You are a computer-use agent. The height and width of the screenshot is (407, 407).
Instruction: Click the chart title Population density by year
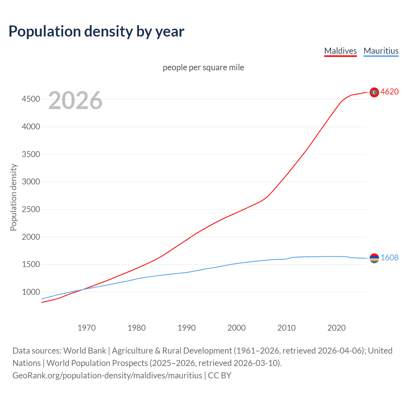point(96,31)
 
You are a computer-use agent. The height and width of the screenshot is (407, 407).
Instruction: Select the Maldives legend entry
point(340,51)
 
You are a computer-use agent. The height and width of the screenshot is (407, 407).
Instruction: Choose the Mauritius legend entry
point(381,51)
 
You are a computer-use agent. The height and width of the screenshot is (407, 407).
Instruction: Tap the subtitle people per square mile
point(203,67)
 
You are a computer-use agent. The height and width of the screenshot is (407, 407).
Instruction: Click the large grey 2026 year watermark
point(75,100)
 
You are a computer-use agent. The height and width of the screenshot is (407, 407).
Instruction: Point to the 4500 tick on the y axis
point(31,99)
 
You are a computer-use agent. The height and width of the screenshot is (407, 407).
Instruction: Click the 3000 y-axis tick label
point(31,182)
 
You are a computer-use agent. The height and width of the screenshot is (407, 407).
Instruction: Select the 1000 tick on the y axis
point(31,292)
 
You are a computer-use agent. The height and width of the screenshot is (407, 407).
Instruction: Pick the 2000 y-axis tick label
point(31,237)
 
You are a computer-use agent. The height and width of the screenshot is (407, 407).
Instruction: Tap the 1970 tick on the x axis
point(86,328)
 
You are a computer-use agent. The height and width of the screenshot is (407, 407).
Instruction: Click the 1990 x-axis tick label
point(187,328)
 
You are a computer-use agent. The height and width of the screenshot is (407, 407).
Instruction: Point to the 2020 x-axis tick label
point(336,328)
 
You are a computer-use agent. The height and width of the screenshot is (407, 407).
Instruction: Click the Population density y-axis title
point(13,197)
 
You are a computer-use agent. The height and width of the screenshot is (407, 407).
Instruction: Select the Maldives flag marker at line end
point(374,92)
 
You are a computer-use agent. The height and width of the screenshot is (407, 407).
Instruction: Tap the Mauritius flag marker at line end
point(374,258)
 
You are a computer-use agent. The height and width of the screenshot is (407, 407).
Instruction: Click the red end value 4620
point(390,92)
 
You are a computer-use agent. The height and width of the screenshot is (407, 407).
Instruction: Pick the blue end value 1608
point(390,258)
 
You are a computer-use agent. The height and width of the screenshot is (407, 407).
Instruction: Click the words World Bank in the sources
point(85,351)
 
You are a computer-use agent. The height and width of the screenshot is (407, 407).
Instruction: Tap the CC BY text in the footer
point(219,376)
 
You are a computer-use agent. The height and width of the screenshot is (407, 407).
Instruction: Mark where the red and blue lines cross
point(83,289)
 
